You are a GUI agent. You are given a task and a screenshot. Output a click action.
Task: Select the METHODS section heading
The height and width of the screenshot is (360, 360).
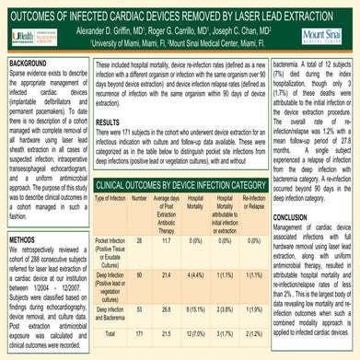click(24, 238)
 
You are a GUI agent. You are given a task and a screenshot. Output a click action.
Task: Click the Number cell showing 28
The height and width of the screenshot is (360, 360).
click(139, 213)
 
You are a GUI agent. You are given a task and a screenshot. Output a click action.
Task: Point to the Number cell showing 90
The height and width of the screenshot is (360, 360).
click(139, 250)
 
